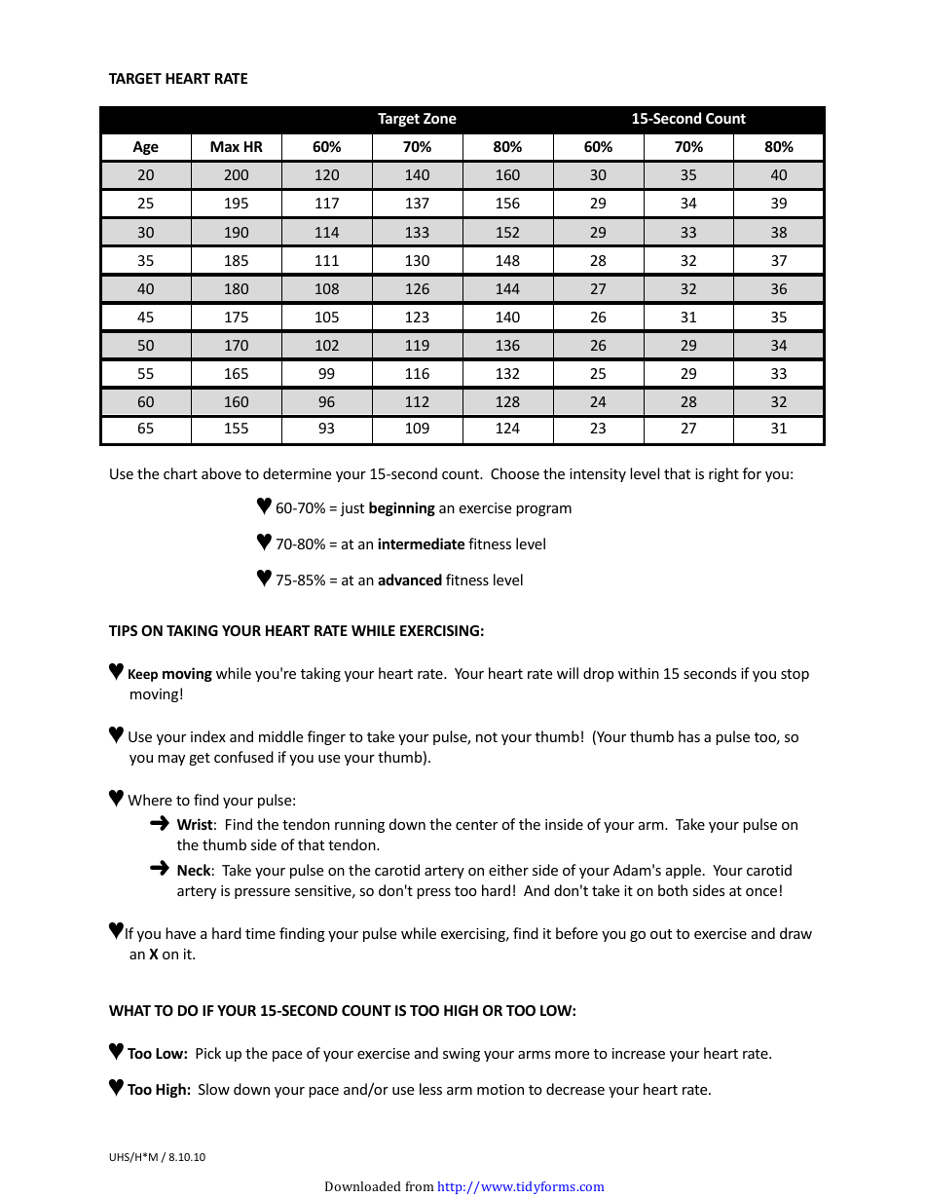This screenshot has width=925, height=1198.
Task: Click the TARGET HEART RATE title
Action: coord(178,79)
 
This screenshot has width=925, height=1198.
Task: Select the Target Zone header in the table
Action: coord(417,119)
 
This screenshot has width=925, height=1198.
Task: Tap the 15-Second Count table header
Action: coord(687,119)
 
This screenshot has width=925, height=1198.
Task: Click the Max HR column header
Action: coord(236,147)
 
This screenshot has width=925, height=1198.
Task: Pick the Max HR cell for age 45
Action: coord(236,318)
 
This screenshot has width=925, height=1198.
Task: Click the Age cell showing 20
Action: coord(145,175)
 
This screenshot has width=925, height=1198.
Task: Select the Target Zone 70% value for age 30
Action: coord(417,233)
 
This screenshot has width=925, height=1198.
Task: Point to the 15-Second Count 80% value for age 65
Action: coord(778,429)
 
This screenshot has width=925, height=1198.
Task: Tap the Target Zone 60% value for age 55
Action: coord(326,374)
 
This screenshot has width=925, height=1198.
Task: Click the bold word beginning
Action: coord(401,508)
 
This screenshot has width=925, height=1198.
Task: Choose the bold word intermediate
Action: coord(421,544)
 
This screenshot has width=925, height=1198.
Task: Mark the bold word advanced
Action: coord(409,580)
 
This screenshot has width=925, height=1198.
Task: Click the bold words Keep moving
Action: coord(169,674)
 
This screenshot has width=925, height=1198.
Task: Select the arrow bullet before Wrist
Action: coord(160,824)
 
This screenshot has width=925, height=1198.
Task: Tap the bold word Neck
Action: coord(194,871)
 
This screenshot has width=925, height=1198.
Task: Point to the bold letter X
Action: coord(154,955)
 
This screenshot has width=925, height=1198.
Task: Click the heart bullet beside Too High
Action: coord(116,1088)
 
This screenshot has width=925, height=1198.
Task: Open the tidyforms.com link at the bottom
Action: coord(520,1186)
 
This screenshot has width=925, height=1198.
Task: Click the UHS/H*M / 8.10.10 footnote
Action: coord(157,1158)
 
